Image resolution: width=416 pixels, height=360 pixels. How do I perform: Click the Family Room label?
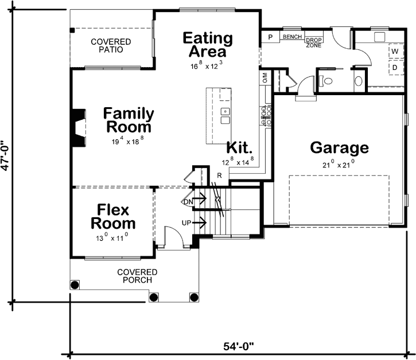point(127,120)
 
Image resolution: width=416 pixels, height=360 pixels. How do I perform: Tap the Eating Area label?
point(208,45)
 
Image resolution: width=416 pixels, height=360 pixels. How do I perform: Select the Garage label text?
point(339,148)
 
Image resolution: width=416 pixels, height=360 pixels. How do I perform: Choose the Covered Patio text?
point(111,46)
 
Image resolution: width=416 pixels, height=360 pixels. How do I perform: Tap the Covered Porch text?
point(137,276)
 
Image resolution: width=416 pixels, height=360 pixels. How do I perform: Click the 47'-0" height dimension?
point(6,155)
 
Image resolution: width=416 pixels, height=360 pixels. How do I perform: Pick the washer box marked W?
point(395,51)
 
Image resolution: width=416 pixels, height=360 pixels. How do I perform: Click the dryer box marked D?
point(395,67)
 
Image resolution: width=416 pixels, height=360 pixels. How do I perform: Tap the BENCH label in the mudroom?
point(291,37)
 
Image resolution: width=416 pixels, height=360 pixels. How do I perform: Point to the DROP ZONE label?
point(313,42)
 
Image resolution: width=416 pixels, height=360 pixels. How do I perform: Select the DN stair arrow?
point(193,201)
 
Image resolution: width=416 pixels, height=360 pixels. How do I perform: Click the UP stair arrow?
point(193,221)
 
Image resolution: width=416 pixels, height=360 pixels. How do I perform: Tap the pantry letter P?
point(270,37)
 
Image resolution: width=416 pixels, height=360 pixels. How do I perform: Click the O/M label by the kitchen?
point(265,77)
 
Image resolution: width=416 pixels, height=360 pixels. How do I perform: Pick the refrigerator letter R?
point(219,175)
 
